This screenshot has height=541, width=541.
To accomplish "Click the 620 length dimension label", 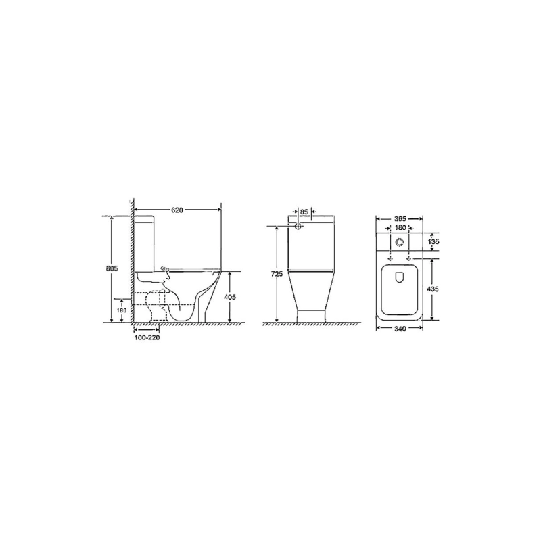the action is click(177, 210).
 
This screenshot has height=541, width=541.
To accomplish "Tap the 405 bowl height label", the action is click(230, 297).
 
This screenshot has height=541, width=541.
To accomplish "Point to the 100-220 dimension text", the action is click(147, 337).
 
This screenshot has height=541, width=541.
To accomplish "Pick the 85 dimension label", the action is click(304, 212).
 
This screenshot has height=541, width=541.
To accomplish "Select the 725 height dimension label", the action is click(277, 274).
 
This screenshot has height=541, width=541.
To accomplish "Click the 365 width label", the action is click(400, 218).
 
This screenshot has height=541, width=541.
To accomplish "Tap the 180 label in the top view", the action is click(400, 228).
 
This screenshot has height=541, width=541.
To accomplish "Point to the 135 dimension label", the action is click(433, 241).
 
